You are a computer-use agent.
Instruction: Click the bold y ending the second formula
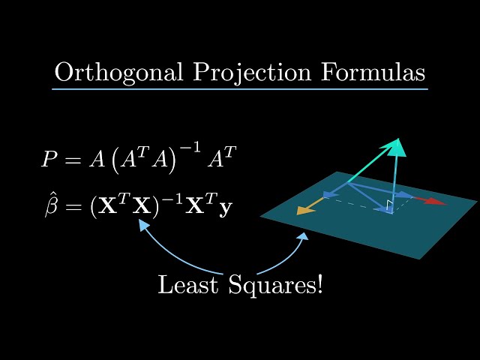pos(224,208)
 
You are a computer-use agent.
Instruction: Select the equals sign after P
pos(73,160)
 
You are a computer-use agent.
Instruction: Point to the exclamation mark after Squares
pos(319,284)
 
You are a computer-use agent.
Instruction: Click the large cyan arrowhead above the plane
pos(397,146)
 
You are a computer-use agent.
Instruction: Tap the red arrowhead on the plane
pos(436,201)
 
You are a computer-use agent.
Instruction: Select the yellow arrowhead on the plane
pos(304,210)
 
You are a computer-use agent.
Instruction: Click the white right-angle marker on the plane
pos(390,205)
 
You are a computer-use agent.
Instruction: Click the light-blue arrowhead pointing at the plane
pos(304,238)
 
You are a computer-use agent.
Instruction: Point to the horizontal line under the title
pos(240,89)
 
